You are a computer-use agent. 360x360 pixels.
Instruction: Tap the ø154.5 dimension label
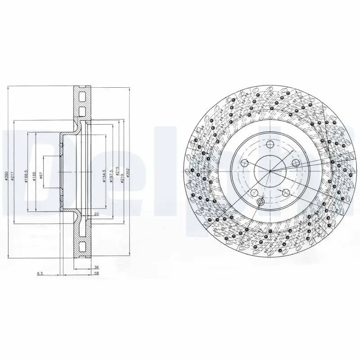click(x=104, y=175)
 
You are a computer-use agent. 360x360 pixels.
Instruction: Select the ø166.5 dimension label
click(x=27, y=175)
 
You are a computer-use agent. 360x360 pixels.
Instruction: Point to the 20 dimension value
click(x=96, y=215)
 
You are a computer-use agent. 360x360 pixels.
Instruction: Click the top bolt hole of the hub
click(x=270, y=144)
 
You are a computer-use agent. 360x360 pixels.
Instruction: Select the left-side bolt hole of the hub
click(x=245, y=163)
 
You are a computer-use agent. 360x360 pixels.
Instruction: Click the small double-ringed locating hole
click(x=261, y=202)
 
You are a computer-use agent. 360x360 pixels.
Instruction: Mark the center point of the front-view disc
click(x=270, y=171)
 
